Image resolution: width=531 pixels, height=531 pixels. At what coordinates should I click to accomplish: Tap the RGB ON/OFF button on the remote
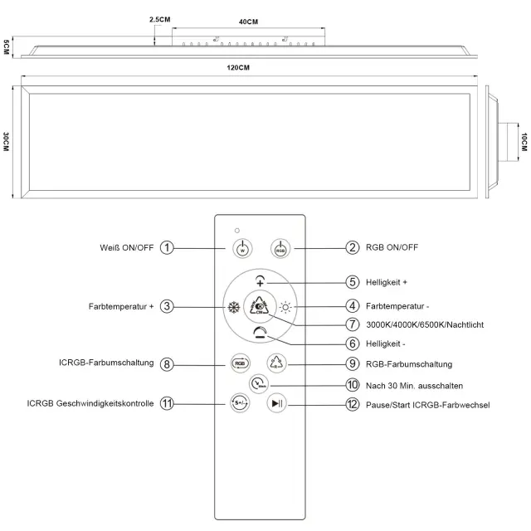tap(280, 247)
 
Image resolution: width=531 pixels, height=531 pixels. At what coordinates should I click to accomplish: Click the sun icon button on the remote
tap(286, 305)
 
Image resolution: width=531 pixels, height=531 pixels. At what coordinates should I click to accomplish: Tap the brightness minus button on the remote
tap(261, 333)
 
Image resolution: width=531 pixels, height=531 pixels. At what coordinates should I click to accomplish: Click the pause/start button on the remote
tap(277, 404)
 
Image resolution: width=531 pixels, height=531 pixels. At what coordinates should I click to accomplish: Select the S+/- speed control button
tap(239, 404)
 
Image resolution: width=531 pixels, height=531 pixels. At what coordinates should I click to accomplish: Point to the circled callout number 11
tap(168, 404)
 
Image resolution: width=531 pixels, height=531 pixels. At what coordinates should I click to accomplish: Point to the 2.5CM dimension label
tap(160, 18)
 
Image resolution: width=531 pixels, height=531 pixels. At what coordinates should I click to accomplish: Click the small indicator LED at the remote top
tap(237, 228)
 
